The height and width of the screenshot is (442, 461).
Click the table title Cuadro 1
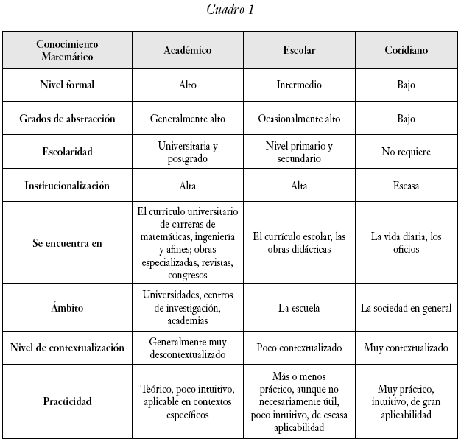coord(230,10)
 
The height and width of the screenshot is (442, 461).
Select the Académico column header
coord(187,50)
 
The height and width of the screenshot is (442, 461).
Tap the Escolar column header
coord(299,50)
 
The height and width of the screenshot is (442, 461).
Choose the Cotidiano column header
coord(406,50)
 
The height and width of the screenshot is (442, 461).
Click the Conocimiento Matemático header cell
coord(67,49)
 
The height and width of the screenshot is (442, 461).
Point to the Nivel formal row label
coord(67,85)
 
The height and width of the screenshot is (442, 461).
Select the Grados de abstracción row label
coord(67,119)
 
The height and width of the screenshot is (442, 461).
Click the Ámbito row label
coord(67,308)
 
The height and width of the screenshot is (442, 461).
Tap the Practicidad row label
coord(67,401)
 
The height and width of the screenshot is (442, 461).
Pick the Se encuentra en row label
coord(67,242)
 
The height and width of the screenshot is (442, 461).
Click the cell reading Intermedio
coord(299,85)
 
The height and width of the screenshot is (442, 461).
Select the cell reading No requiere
coord(406,152)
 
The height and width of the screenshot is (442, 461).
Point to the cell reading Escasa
coord(406,186)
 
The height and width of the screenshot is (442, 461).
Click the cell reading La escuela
coord(299,308)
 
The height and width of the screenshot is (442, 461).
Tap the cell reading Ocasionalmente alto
coord(299,119)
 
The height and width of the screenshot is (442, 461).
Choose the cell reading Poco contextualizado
coord(299,347)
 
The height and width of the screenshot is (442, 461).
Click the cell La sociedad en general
coord(406,308)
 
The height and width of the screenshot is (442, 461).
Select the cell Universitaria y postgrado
coord(187,152)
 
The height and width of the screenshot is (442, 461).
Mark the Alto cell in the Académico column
coord(187,85)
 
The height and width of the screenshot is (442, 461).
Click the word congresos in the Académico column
coord(187,275)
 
